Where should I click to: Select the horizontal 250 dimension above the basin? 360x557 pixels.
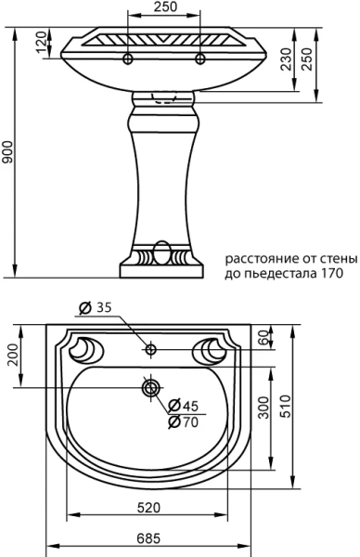pos(163,7)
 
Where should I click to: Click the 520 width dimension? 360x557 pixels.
pos(150,508)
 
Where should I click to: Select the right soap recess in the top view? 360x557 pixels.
pos(214,349)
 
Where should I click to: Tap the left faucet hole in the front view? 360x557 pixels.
pos(127,58)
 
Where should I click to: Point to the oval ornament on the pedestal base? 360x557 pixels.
pos(163,253)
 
